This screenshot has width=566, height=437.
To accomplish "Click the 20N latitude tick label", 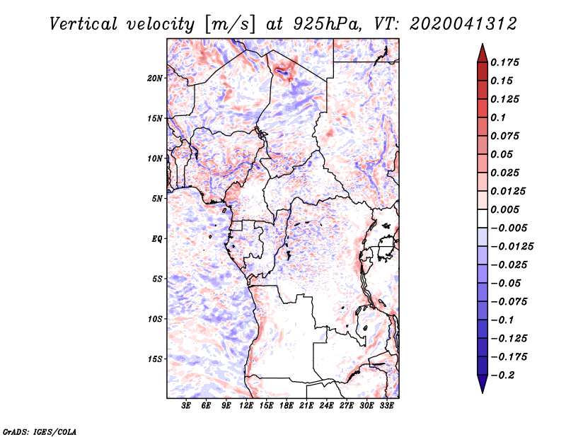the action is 155,78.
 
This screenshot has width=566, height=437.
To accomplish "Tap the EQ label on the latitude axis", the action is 157,239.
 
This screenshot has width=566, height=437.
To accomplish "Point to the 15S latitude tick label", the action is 155,359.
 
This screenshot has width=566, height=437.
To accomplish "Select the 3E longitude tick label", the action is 186,406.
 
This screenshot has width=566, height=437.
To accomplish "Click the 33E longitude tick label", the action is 386,406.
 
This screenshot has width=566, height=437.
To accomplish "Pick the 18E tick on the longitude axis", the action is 287,406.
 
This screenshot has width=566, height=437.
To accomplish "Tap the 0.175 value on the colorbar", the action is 504,62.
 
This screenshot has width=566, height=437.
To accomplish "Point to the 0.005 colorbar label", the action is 504,209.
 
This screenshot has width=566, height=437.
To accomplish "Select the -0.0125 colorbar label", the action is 512,247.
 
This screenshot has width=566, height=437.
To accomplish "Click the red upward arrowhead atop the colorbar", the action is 483,53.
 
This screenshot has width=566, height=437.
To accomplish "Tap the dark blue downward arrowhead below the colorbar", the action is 483,384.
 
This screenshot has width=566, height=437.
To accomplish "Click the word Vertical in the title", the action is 83,24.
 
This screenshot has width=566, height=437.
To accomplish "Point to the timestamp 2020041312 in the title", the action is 463,24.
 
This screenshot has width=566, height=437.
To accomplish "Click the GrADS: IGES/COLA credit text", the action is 40,432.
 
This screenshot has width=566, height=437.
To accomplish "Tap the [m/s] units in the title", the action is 230,24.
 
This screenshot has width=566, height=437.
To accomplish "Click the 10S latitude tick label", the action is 155,319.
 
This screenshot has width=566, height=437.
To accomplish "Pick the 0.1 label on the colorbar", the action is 498,117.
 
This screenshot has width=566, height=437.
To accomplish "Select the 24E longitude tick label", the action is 326,406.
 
